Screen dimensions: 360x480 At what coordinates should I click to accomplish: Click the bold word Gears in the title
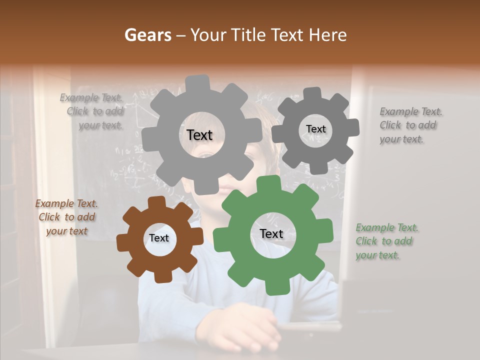(147, 35)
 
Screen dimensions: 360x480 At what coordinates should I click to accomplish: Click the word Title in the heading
(248, 35)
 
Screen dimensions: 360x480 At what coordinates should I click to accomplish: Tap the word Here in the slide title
(328, 35)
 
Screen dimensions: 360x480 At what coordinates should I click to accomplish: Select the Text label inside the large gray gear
(199, 135)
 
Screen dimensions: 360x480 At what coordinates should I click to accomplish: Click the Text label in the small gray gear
(315, 129)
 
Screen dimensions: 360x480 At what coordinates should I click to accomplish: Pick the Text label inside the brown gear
(159, 238)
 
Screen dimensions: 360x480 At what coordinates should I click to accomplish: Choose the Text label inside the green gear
(271, 234)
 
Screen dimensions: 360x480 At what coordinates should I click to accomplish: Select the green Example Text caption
(386, 241)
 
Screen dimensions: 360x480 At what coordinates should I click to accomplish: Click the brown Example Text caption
(67, 217)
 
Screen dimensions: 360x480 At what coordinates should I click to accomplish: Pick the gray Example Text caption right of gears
(410, 125)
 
